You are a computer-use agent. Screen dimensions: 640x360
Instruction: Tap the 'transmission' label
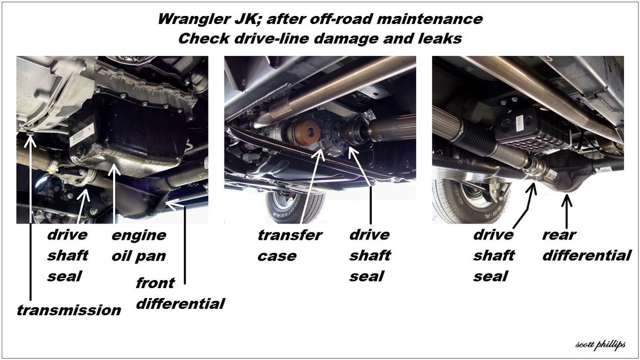pos(69,310)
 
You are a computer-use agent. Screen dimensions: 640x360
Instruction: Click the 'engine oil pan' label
pos(139,246)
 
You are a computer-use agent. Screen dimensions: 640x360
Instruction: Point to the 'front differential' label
pos(181,293)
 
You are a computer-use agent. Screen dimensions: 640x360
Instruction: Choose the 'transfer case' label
pos(290,245)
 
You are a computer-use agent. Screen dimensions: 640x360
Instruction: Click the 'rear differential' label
pos(587,245)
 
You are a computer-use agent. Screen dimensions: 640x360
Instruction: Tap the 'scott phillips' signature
pos(601,345)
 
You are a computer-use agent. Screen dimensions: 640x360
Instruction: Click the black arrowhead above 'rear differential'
pos(566,200)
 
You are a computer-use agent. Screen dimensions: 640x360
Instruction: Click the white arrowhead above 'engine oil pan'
pos(114,169)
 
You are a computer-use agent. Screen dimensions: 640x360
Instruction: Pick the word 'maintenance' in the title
pos(429,19)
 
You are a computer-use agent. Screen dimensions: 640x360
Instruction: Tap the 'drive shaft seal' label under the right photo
pos(494,255)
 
